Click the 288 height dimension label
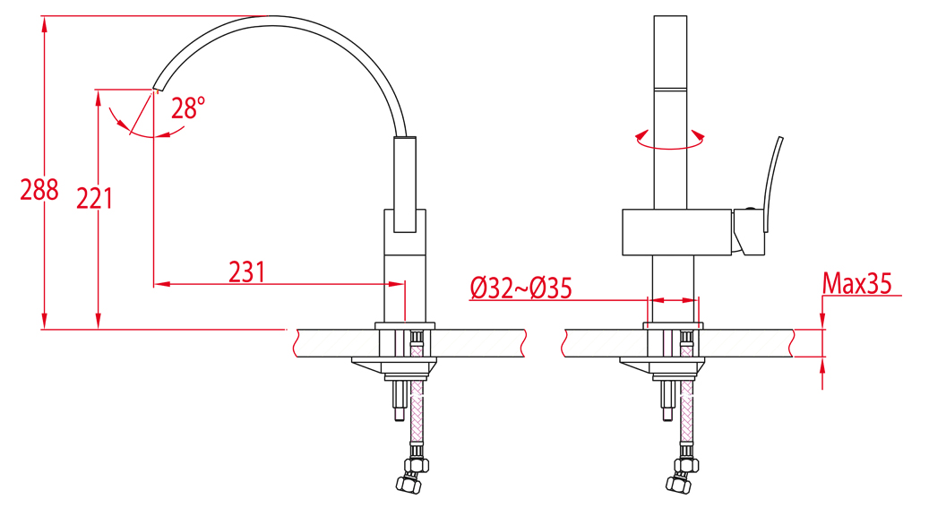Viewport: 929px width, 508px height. pos(39,190)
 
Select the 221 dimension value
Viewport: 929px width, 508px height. pos(94,198)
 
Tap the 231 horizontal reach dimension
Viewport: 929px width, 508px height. pos(246,272)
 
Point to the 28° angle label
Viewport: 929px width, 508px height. pos(188,108)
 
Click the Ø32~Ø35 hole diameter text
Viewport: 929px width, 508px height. pos(521,288)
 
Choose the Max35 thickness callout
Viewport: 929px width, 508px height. pos(856,283)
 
